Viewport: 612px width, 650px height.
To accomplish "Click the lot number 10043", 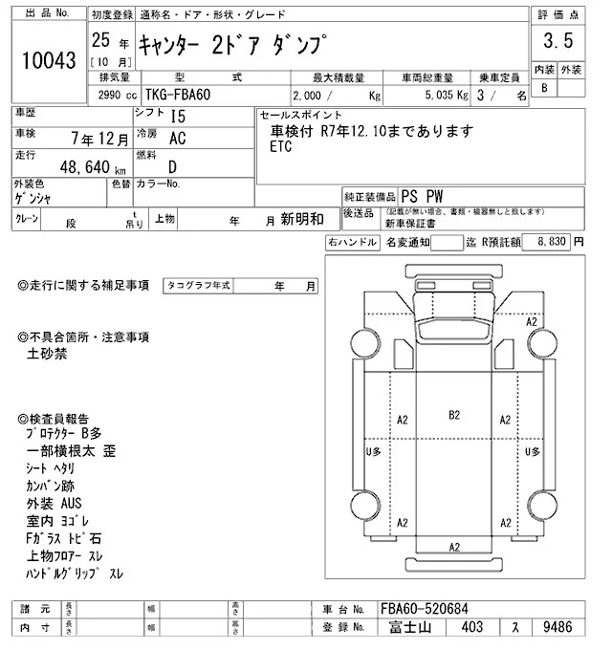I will (48, 60).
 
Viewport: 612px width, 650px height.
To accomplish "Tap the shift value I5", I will (178, 116).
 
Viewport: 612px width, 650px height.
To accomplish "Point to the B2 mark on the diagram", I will (454, 415).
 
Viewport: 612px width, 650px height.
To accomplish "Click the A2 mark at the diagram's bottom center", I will (454, 546).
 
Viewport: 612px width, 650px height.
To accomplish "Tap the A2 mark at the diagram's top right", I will (533, 323).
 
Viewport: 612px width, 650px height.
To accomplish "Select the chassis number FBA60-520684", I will (425, 609).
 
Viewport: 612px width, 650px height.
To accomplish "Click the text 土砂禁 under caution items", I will (46, 353).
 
